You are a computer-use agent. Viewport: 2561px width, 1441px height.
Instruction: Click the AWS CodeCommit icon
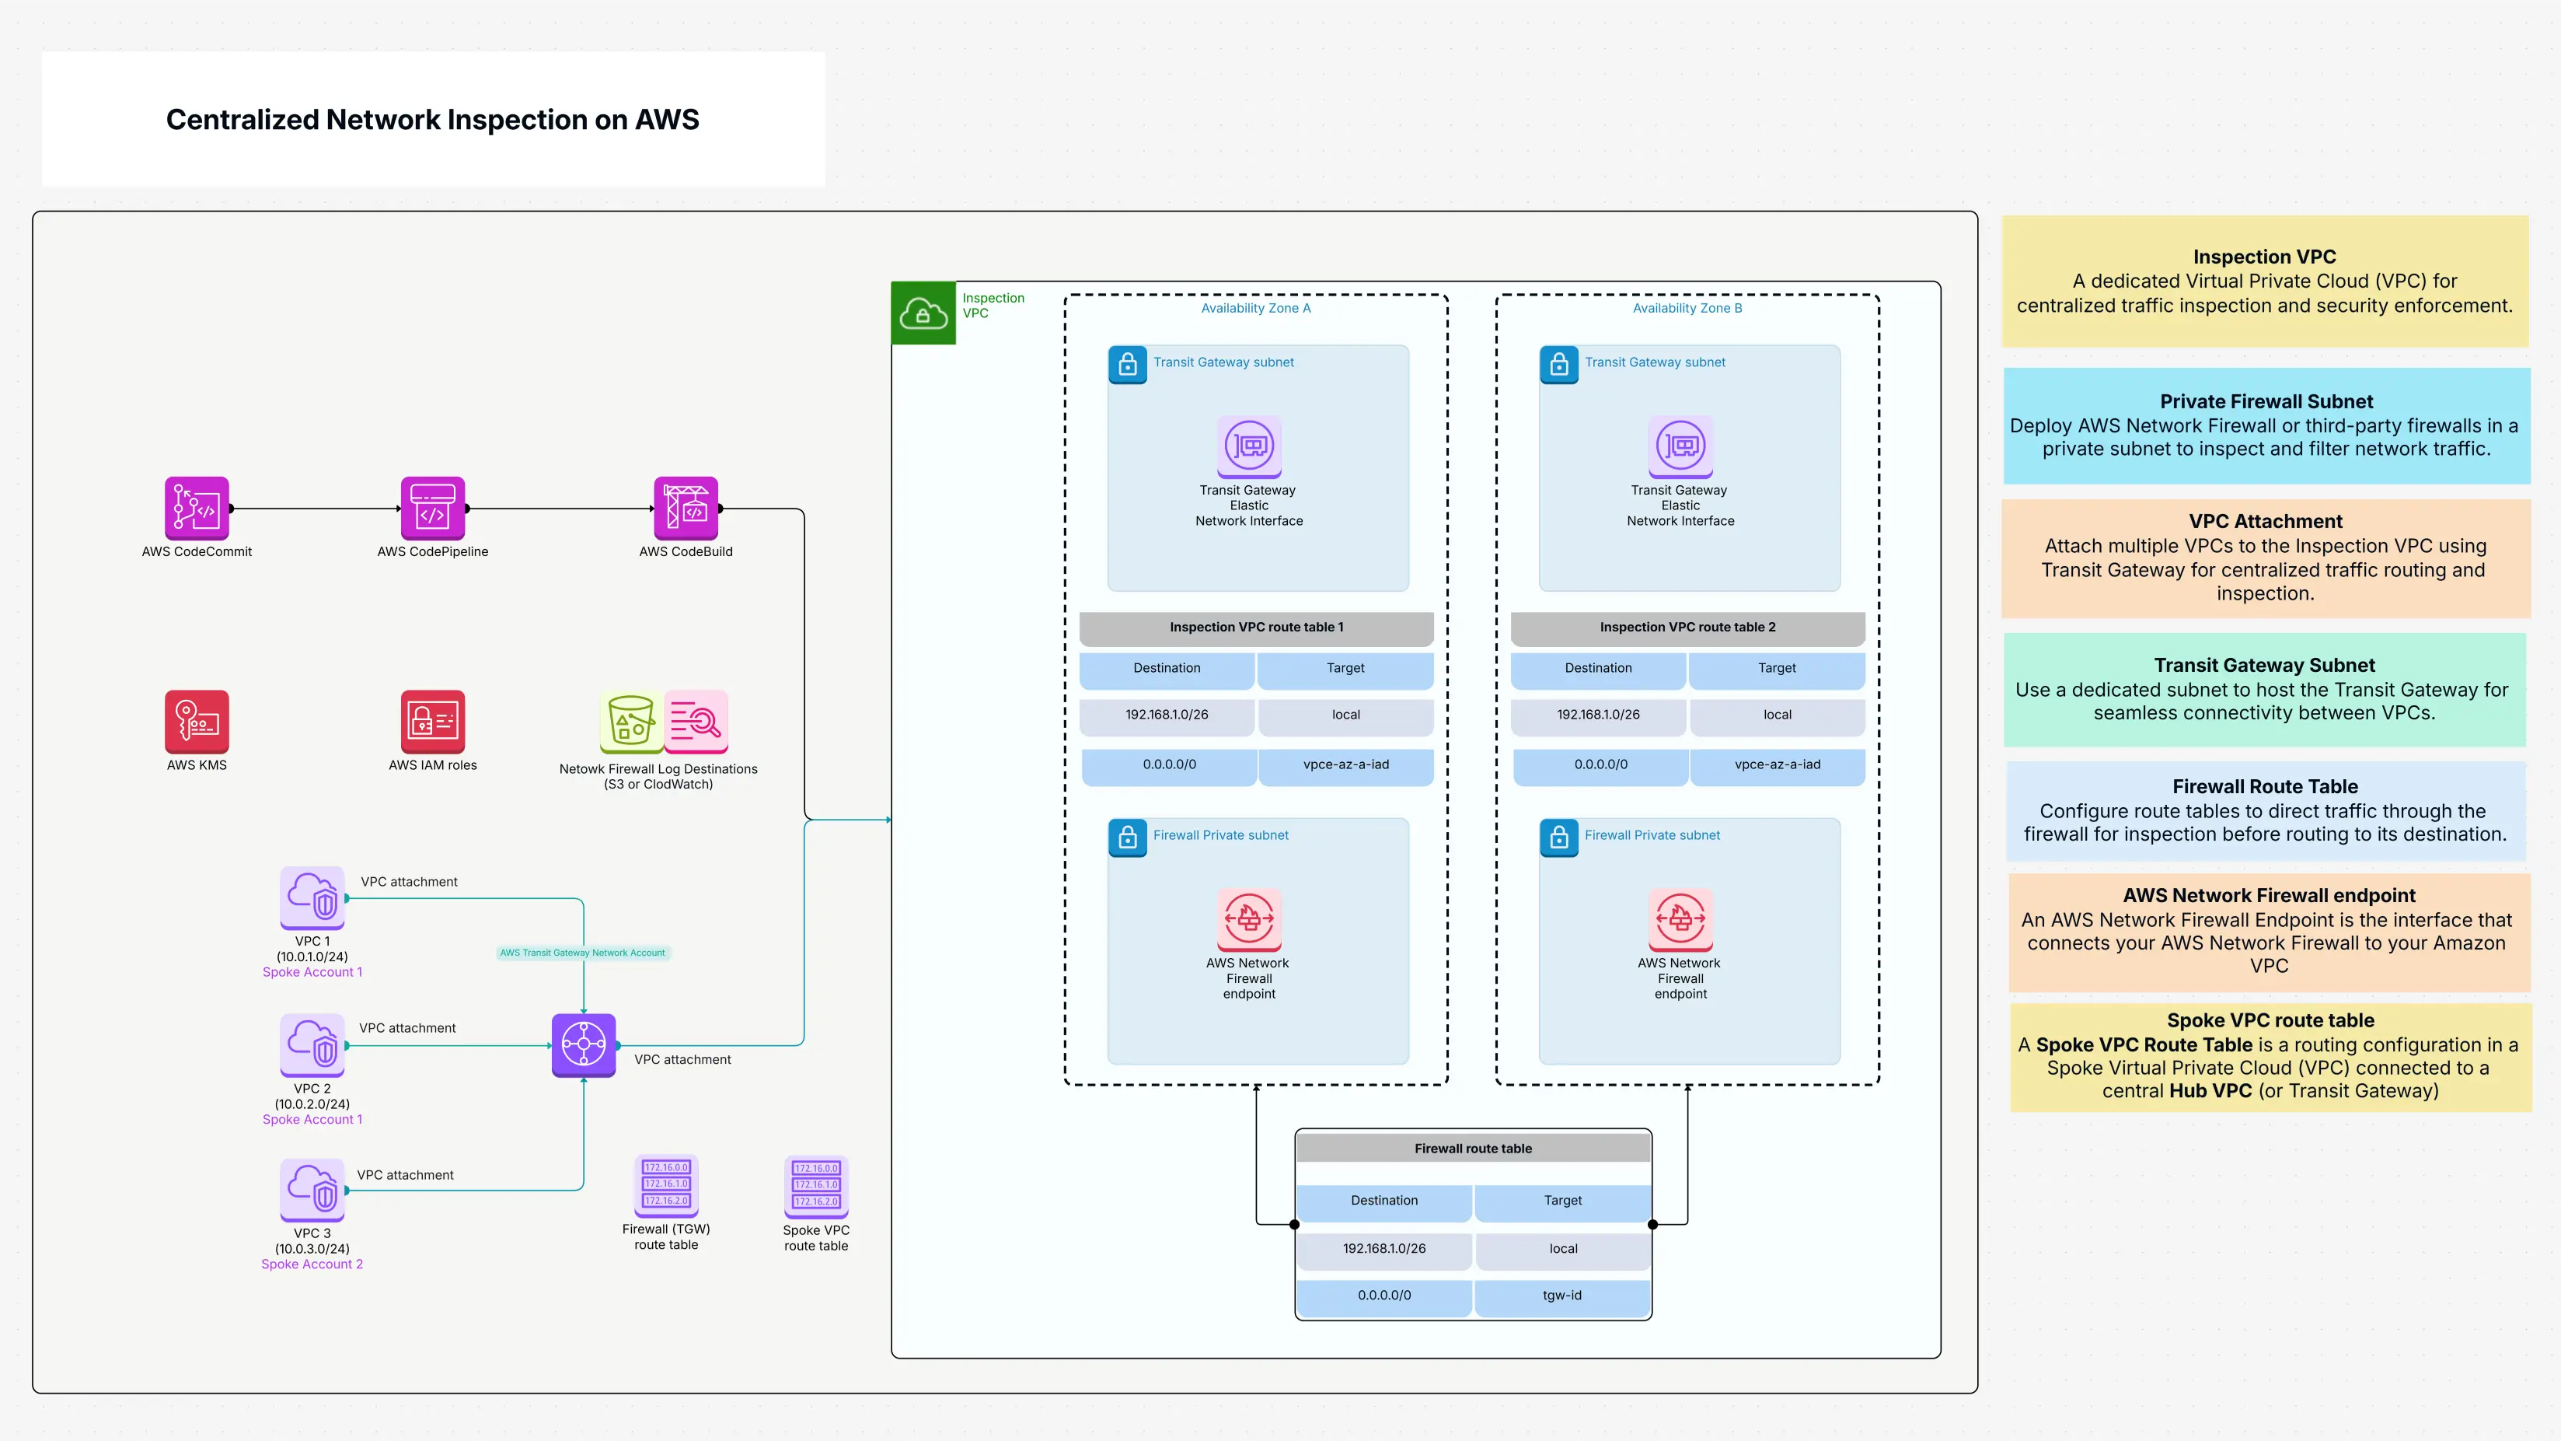pos(196,507)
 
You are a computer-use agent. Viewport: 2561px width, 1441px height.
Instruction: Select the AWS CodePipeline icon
pos(432,507)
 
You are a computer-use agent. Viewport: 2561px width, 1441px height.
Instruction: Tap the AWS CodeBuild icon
pos(686,507)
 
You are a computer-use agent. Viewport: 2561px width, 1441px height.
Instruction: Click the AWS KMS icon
pos(196,721)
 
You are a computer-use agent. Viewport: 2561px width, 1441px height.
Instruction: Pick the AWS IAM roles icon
pos(432,721)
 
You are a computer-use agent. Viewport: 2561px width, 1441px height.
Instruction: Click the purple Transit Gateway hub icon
pos(584,1044)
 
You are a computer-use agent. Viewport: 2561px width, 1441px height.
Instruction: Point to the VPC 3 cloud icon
pos(312,1189)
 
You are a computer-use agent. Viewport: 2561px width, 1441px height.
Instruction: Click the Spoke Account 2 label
pos(312,1264)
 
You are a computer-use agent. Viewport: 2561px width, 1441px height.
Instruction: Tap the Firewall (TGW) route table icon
pos(666,1184)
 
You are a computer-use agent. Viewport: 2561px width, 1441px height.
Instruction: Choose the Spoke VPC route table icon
pos(816,1185)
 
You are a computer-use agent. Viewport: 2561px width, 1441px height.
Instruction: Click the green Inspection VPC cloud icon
pos(923,313)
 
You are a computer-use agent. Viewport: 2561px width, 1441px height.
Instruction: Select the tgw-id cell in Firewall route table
pos(1561,1295)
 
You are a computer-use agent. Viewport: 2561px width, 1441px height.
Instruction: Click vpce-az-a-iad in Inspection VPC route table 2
pos(1777,764)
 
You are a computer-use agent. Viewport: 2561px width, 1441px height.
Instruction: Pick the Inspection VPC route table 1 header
pos(1256,627)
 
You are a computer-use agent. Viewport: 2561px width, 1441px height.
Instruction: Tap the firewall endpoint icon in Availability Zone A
pos(1249,919)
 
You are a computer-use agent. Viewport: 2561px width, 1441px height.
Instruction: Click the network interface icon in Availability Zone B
pos(1680,446)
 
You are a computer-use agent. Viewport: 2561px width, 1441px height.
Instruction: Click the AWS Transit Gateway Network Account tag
pos(583,953)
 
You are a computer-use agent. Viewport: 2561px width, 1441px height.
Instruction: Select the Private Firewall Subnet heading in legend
pos(2266,402)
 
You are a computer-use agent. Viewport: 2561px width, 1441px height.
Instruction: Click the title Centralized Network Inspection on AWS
pos(432,119)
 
